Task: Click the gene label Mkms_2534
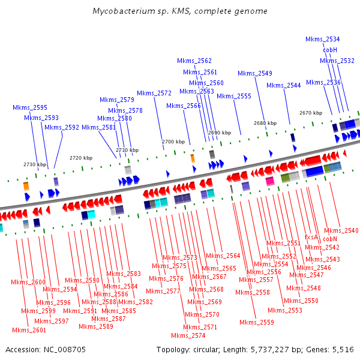[322, 39]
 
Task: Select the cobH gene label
[330, 50]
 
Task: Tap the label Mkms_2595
[30, 107]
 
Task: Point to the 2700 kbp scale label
[173, 142]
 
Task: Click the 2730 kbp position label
[35, 164]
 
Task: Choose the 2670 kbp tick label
[311, 113]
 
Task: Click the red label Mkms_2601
[29, 330]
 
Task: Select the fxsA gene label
[311, 237]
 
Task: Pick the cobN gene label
[330, 239]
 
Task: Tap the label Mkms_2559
[256, 322]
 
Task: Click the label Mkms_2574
[188, 335]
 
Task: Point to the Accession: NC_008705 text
[45, 349]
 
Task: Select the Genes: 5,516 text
[332, 349]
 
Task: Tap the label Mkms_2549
[254, 73]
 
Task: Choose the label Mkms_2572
[154, 93]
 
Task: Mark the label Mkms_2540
[341, 230]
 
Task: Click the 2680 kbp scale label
[265, 123]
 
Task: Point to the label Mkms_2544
[283, 85]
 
